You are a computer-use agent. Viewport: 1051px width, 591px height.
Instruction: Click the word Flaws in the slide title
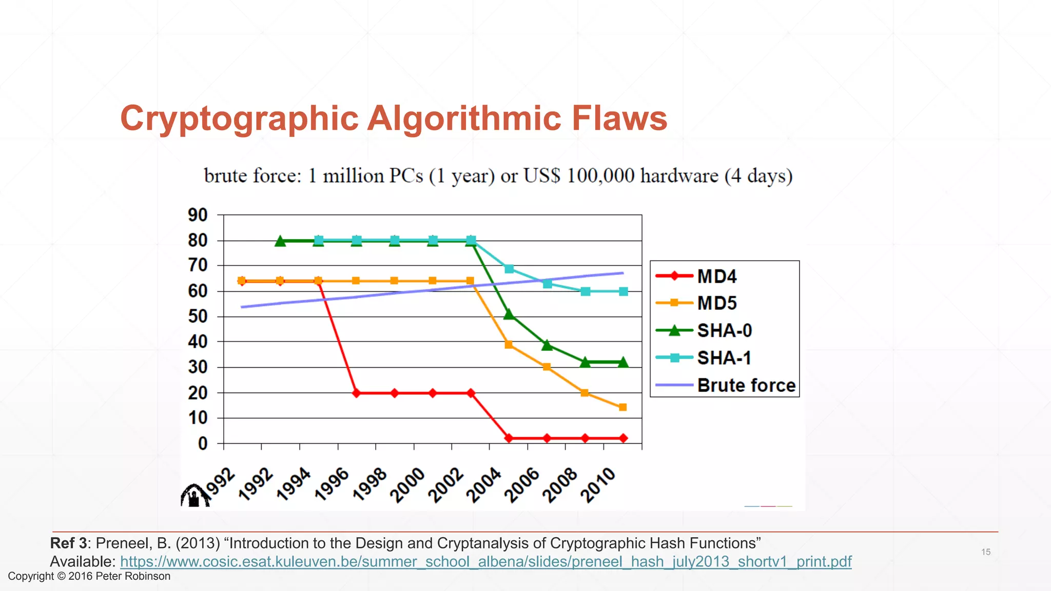click(619, 119)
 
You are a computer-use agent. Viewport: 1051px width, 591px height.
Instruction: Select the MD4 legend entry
click(716, 277)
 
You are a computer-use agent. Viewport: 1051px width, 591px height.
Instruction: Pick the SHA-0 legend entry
click(724, 331)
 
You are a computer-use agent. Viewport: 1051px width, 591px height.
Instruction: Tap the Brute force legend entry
click(746, 385)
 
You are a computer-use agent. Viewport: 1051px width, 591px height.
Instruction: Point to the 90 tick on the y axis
click(198, 215)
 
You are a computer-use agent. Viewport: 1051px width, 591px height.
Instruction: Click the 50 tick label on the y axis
click(198, 317)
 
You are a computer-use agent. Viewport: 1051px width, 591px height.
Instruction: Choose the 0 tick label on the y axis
click(203, 443)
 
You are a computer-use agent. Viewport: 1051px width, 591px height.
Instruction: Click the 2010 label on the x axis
click(598, 485)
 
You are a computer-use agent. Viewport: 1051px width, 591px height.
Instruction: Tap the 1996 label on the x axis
click(332, 485)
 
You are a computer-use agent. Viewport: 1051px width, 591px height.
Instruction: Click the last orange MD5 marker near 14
click(622, 407)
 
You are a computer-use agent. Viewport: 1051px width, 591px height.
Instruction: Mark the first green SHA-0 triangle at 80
click(280, 241)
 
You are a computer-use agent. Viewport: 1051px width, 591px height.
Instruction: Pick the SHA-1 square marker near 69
click(509, 269)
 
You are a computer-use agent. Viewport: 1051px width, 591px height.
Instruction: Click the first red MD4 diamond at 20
click(356, 393)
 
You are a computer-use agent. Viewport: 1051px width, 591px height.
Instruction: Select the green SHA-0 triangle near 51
click(509, 314)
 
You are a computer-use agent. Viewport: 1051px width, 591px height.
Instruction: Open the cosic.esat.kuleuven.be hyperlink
click(485, 562)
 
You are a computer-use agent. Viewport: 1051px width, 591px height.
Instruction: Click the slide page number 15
click(986, 552)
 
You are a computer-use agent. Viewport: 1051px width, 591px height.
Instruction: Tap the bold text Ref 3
click(68, 543)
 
